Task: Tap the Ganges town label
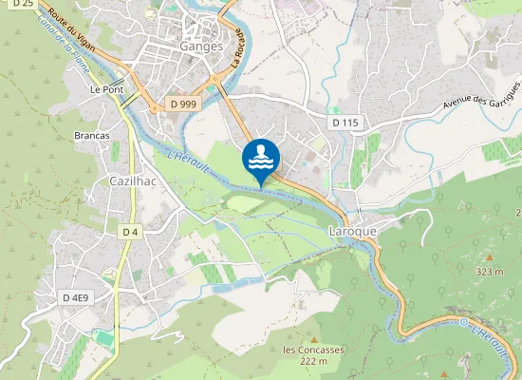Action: pyautogui.click(x=200, y=46)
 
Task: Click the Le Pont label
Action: pyautogui.click(x=107, y=89)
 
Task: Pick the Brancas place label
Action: pyautogui.click(x=92, y=136)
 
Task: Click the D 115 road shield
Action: pyautogui.click(x=345, y=123)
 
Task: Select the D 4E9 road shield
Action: pyautogui.click(x=75, y=298)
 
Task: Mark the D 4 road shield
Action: pyautogui.click(x=130, y=232)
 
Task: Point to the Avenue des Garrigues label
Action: pyautogui.click(x=481, y=95)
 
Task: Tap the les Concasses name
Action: pyautogui.click(x=313, y=349)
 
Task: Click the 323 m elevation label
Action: pyautogui.click(x=489, y=272)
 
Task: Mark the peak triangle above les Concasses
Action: pyautogui.click(x=302, y=334)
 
